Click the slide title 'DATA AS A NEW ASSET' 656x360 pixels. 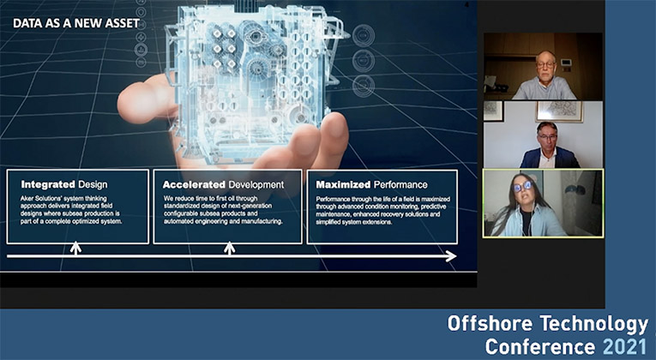tap(75, 23)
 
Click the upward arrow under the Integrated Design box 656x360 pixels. tap(75, 248)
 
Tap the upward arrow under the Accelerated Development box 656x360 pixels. tap(229, 248)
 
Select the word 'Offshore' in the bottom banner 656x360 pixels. tap(487, 324)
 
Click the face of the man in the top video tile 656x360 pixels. tap(546, 66)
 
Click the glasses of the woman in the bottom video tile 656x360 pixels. tap(523, 186)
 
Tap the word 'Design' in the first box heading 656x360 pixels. tap(92, 184)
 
